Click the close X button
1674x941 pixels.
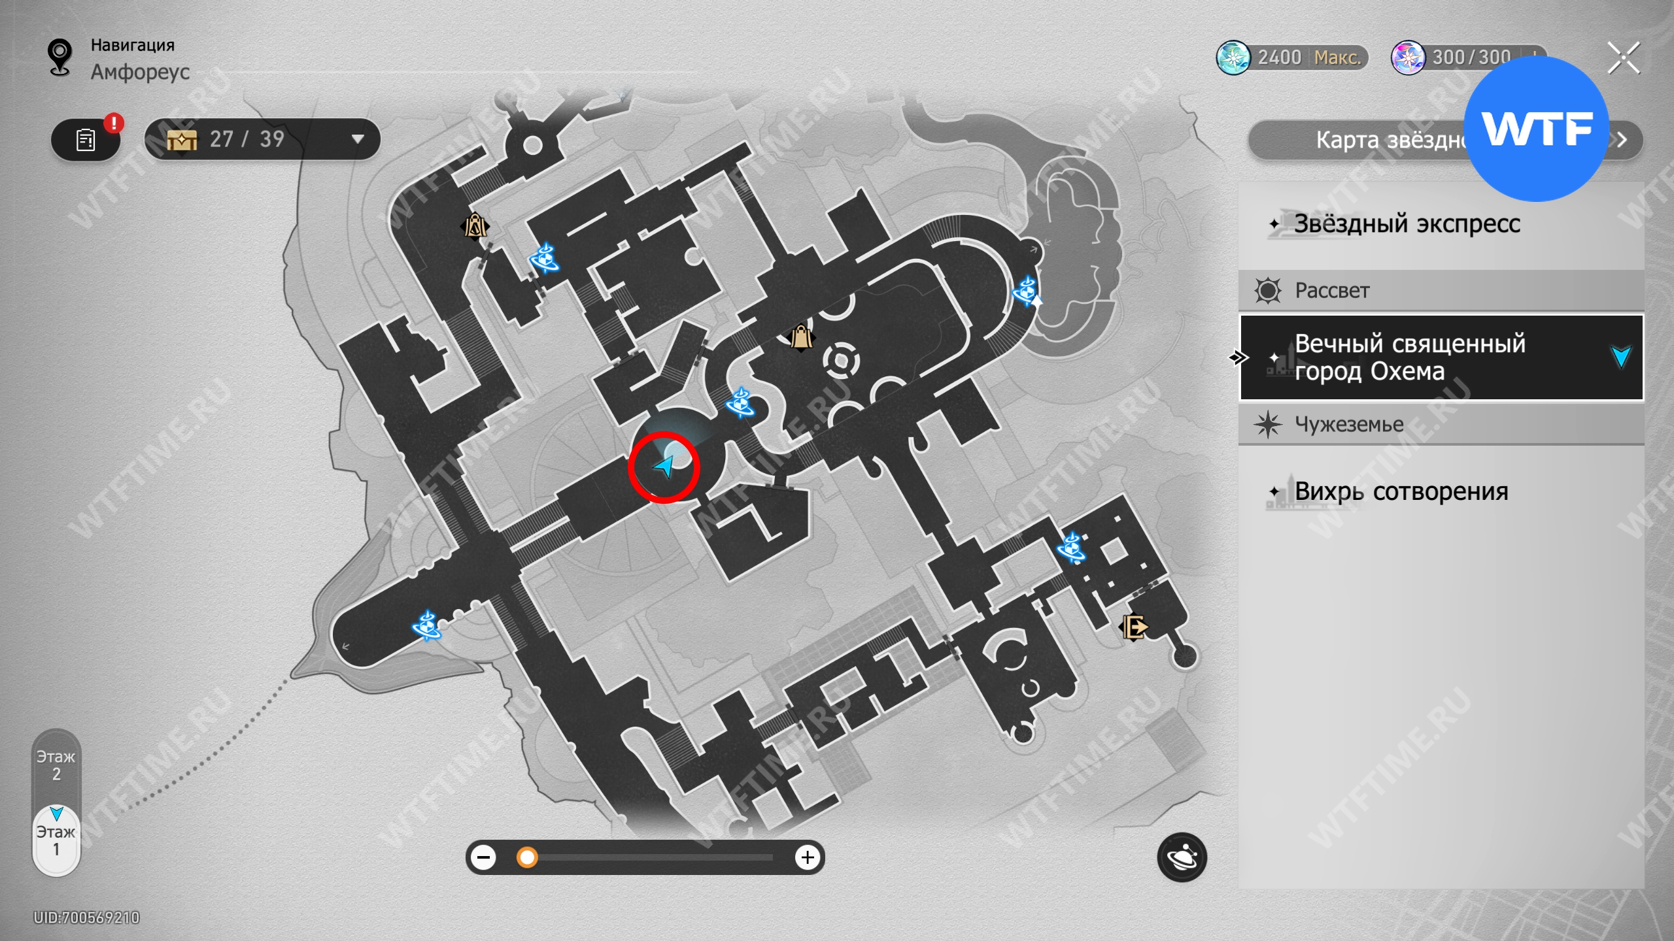[x=1624, y=59]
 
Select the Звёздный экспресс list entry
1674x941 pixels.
[x=1406, y=224]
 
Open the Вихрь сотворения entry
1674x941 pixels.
[x=1401, y=491]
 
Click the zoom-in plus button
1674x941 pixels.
[x=808, y=857]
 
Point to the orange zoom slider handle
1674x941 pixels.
[x=526, y=857]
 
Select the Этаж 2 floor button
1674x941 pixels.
[x=56, y=765]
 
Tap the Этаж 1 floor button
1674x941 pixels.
[x=56, y=840]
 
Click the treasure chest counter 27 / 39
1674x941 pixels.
[x=262, y=139]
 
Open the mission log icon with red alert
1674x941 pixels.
[x=86, y=140]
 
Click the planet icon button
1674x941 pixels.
[x=1182, y=857]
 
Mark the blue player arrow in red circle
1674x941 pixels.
[x=664, y=467]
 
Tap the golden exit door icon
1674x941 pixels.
[x=1135, y=627]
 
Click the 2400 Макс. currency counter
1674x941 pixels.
[x=1292, y=58]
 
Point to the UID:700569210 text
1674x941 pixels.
[x=87, y=917]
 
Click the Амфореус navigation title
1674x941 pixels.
[x=140, y=72]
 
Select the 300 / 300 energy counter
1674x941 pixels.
[x=1468, y=58]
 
